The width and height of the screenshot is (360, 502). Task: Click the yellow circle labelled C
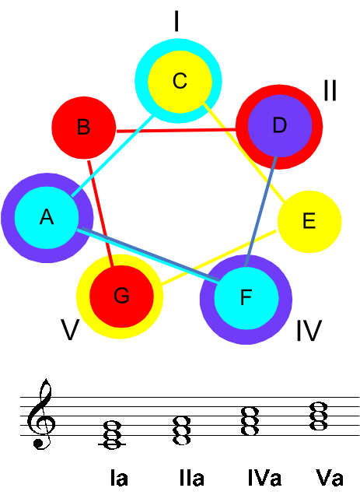pyautogui.click(x=180, y=82)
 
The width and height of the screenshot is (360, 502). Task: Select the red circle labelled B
pyautogui.click(x=84, y=128)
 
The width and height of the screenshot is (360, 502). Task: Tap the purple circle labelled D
pyautogui.click(x=280, y=126)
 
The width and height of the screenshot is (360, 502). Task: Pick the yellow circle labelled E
pyautogui.click(x=309, y=222)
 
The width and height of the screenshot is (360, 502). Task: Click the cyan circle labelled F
pyautogui.click(x=246, y=298)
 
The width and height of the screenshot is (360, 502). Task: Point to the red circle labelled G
pyautogui.click(x=121, y=297)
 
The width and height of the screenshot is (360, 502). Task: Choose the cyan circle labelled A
pyautogui.click(x=47, y=218)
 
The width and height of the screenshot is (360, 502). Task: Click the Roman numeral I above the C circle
pyautogui.click(x=177, y=21)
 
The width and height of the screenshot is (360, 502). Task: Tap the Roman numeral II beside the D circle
pyautogui.click(x=330, y=90)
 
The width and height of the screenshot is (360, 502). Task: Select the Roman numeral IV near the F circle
pyautogui.click(x=309, y=331)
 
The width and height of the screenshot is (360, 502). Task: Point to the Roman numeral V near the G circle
pyautogui.click(x=70, y=329)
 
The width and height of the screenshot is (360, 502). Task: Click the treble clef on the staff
pyautogui.click(x=41, y=414)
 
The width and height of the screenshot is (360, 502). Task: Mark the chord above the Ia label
pyautogui.click(x=113, y=435)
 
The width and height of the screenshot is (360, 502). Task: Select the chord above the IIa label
pyautogui.click(x=182, y=430)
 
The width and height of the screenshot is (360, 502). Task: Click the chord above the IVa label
pyautogui.click(x=250, y=421)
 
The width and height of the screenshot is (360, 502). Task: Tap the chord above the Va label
pyautogui.click(x=319, y=416)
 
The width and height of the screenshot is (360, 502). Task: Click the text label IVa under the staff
pyautogui.click(x=264, y=478)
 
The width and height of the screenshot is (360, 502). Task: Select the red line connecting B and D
pyautogui.click(x=177, y=130)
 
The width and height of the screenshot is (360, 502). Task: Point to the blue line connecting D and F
pyautogui.click(x=260, y=211)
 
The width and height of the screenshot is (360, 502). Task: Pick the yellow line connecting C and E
pyautogui.click(x=245, y=153)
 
